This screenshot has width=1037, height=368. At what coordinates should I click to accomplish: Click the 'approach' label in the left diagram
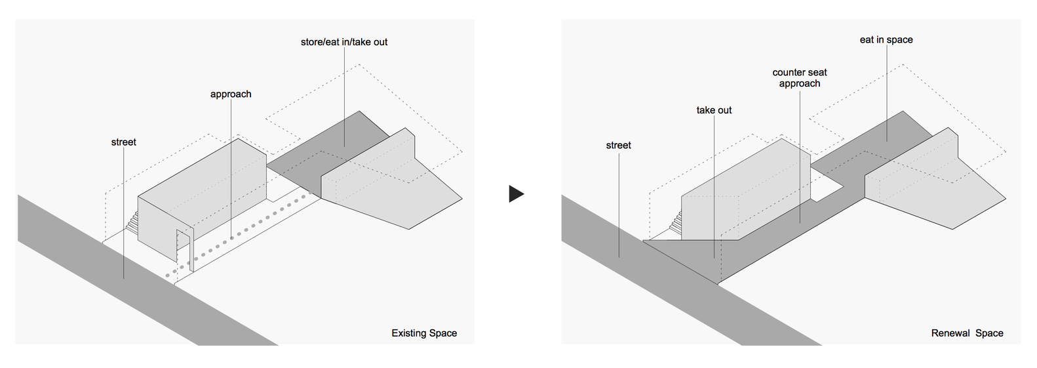231,94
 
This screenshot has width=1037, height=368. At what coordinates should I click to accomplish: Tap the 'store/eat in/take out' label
344,42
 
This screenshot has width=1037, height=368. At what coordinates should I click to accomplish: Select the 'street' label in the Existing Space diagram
124,142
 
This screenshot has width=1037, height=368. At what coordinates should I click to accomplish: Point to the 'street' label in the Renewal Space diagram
618,146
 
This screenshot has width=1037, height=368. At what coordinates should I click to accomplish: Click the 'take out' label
714,110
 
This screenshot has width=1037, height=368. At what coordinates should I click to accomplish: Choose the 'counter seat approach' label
800,78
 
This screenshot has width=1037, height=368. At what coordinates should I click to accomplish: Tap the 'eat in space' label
886,40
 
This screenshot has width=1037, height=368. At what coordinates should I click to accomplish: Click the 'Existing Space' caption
424,333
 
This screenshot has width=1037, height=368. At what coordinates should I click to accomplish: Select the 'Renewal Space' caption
967,333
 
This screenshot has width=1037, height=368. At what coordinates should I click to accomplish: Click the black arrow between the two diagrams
516,194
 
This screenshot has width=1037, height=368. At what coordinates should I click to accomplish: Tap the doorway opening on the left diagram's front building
184,249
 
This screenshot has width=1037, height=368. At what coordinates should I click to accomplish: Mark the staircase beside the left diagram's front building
133,222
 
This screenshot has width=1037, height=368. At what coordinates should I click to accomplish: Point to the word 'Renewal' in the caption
950,333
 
